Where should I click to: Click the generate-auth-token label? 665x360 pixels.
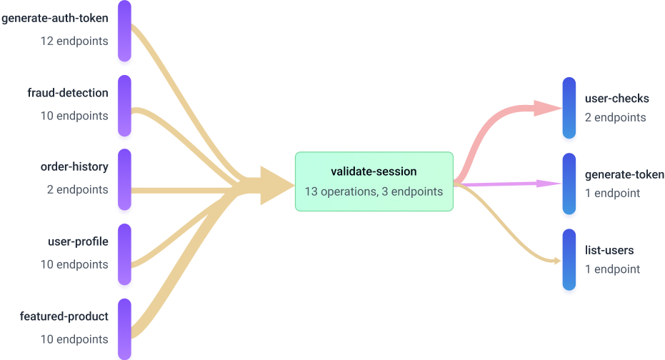[55, 19]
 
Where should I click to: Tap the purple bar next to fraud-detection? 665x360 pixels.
[124, 106]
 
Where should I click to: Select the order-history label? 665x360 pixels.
[74, 166]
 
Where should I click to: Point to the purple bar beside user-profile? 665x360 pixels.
[124, 254]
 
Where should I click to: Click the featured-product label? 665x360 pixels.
[64, 316]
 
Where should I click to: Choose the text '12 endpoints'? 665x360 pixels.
[74, 41]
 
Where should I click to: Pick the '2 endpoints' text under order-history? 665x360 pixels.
[78, 189]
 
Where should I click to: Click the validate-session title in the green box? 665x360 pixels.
[374, 171]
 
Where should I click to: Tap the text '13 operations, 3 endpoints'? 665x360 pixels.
[374, 191]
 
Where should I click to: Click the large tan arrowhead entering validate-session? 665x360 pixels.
[276, 186]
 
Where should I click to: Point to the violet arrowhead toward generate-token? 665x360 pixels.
[549, 184]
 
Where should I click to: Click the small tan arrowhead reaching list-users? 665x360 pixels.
[558, 261]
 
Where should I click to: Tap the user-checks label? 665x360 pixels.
[616, 99]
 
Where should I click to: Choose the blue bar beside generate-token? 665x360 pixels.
[569, 184]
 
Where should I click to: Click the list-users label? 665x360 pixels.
[609, 250]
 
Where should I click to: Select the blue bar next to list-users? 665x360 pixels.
[569, 259]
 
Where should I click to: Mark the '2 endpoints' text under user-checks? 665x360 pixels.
[616, 117]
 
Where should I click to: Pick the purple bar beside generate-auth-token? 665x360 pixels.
[124, 31]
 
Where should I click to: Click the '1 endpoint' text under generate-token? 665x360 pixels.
[612, 194]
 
